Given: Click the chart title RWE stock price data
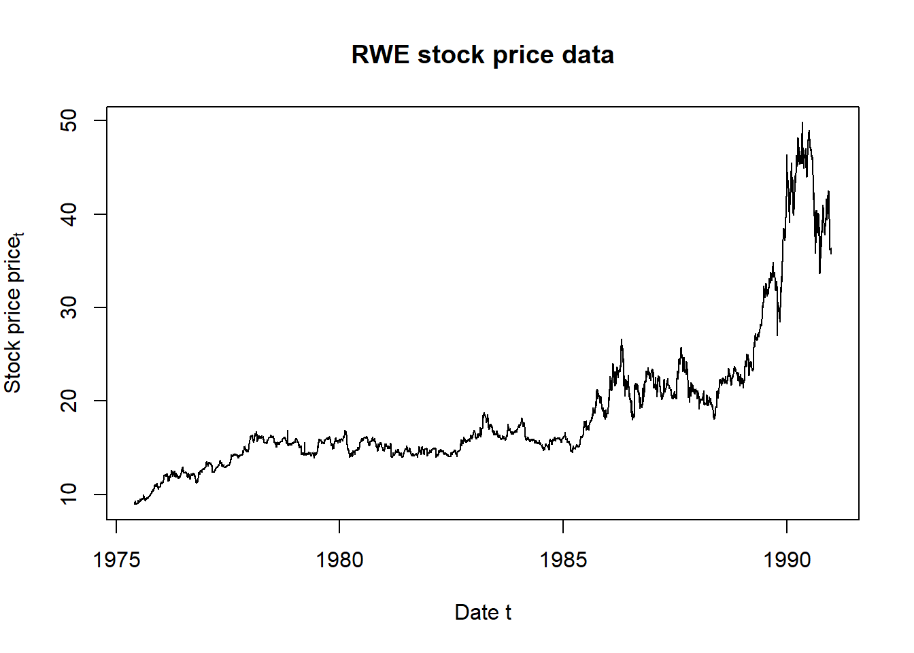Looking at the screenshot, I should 482,55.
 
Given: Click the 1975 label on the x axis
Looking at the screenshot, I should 116,560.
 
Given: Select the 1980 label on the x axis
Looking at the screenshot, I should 339,560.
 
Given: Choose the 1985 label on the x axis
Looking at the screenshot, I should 563,560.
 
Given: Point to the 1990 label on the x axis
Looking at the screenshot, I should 787,560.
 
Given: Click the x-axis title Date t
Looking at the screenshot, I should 482,612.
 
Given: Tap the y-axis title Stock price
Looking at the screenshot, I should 14,313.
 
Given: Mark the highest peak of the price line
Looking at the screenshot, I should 802,123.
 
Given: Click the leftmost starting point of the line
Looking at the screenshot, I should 135,503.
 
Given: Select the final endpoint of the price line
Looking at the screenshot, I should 831,252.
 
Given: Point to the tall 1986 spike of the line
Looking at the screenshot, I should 622,340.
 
